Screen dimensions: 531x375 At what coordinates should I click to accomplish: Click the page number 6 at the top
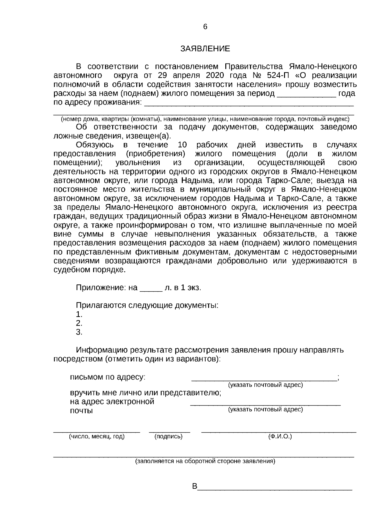point(205,27)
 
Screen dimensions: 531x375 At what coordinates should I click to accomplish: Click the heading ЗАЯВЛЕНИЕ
point(205,49)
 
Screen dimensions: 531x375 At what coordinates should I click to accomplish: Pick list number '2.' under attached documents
point(79,323)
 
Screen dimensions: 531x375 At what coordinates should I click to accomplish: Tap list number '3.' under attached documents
point(79,332)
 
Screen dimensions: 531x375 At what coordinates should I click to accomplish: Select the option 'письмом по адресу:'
point(107,377)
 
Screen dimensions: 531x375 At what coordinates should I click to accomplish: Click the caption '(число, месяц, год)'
point(97,437)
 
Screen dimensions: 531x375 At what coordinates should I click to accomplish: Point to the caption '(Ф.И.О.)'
point(280,437)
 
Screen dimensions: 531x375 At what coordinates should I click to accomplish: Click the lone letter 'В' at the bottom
point(195,487)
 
